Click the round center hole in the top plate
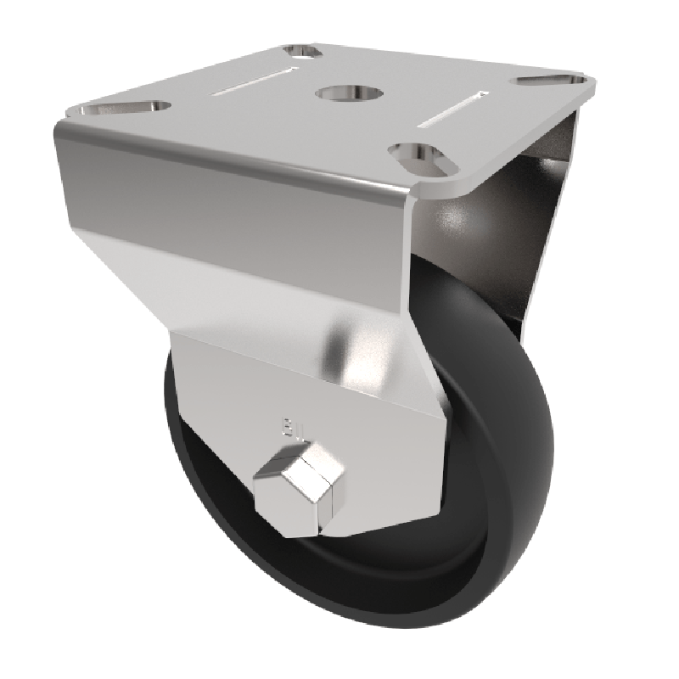click(339, 92)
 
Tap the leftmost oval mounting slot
click(123, 108)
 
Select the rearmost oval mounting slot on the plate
click(304, 53)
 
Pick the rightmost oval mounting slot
click(553, 81)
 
